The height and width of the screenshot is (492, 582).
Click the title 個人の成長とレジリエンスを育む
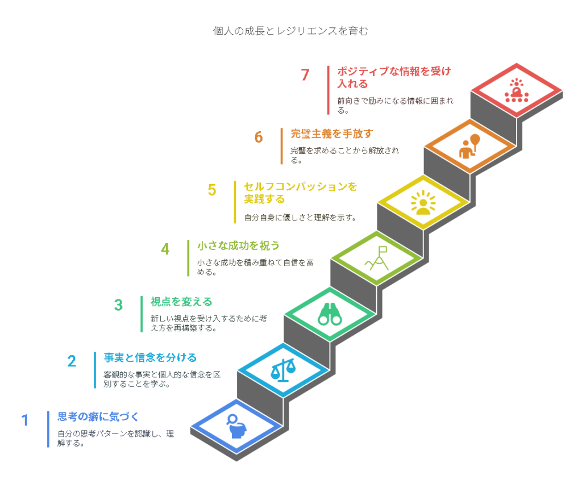[290, 31]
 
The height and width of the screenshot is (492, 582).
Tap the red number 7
[305, 74]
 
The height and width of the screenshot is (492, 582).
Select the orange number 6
[259, 137]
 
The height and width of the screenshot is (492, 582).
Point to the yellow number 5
[212, 190]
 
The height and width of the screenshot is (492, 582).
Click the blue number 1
[25, 420]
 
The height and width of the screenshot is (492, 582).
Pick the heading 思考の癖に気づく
[98, 416]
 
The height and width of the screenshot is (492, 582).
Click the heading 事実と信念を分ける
[150, 358]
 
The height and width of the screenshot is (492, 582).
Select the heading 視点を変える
[181, 302]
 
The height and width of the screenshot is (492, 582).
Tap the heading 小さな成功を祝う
[238, 245]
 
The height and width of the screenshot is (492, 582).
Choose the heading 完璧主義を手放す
[332, 134]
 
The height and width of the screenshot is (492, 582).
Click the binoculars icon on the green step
[330, 315]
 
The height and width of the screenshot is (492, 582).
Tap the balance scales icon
[283, 370]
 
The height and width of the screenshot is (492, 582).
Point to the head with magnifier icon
[236, 426]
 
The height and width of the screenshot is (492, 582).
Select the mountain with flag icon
[377, 258]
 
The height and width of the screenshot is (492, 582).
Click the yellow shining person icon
[423, 203]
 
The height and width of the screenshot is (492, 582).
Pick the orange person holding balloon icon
[469, 147]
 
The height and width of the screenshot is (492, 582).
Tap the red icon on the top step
[516, 90]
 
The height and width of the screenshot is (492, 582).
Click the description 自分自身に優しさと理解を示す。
[300, 218]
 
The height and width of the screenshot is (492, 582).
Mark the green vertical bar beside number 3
[142, 314]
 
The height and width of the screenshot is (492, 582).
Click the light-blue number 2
[72, 361]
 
